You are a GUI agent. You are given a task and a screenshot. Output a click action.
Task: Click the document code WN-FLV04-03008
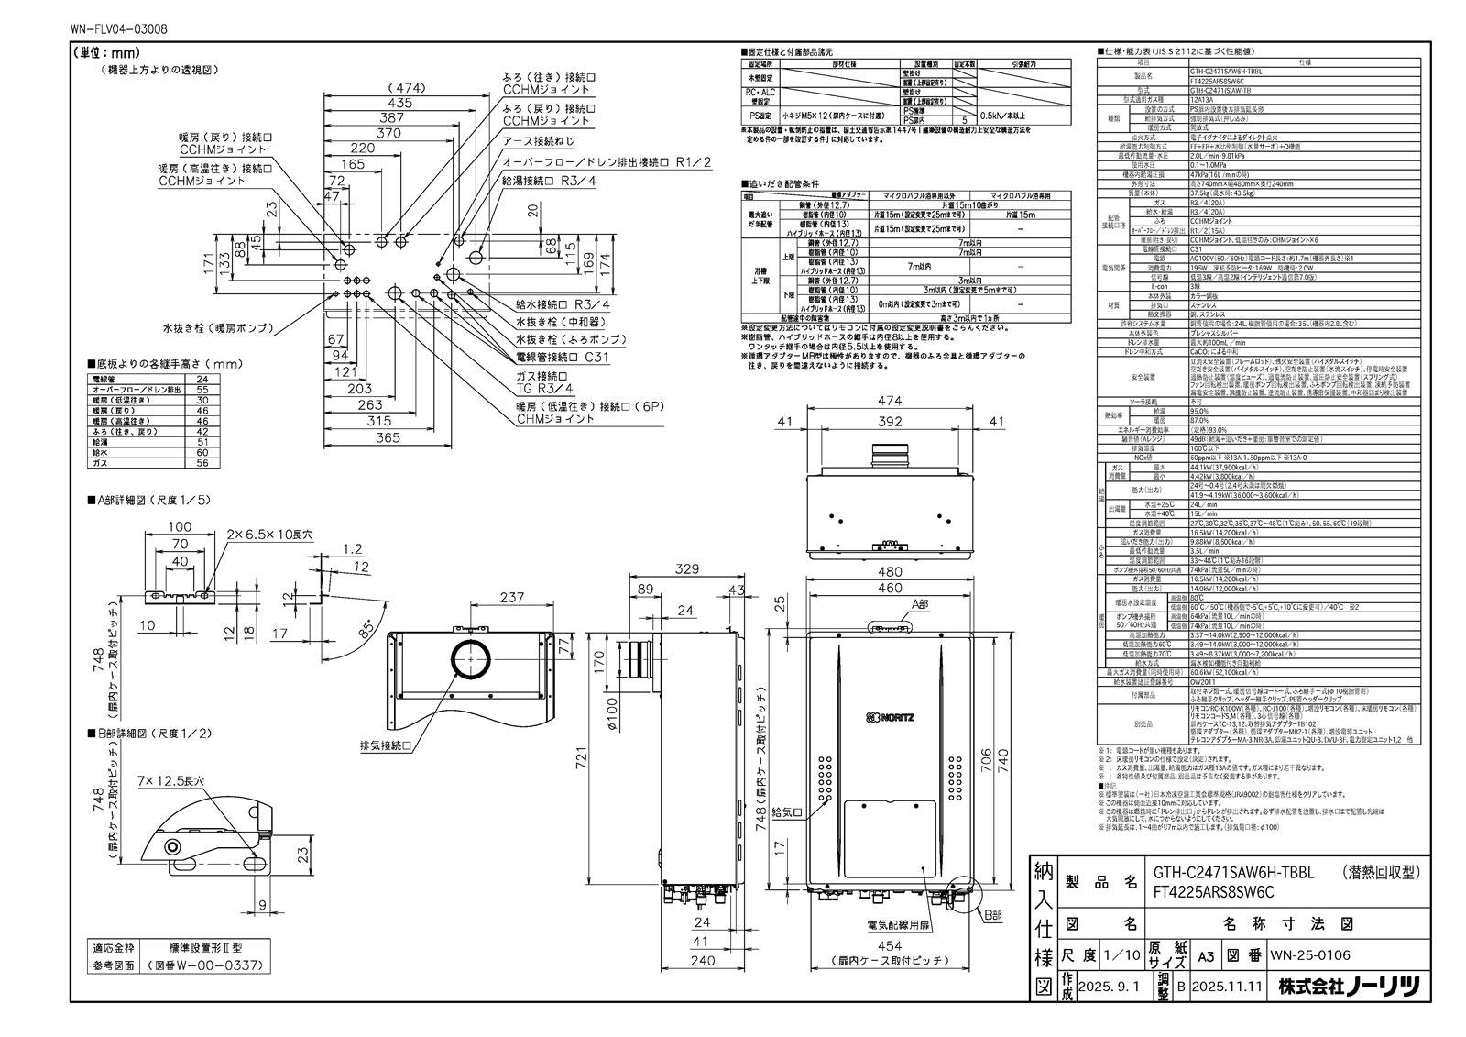pos(118,30)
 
